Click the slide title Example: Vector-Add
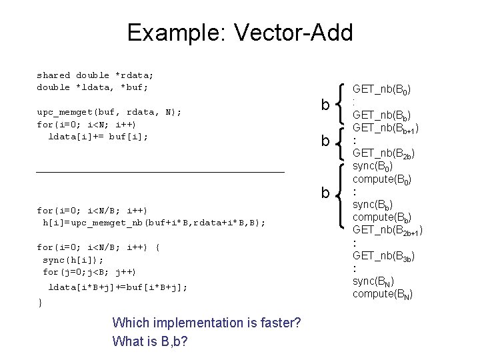point(239,32)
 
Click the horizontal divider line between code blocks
point(160,173)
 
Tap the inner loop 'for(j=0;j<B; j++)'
point(89,271)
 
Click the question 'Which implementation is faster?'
point(207,323)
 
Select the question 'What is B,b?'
point(150,341)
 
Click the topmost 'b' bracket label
point(325,105)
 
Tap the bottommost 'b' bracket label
point(325,193)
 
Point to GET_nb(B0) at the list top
point(381,89)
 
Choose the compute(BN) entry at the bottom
point(382,293)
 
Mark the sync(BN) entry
point(373,281)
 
